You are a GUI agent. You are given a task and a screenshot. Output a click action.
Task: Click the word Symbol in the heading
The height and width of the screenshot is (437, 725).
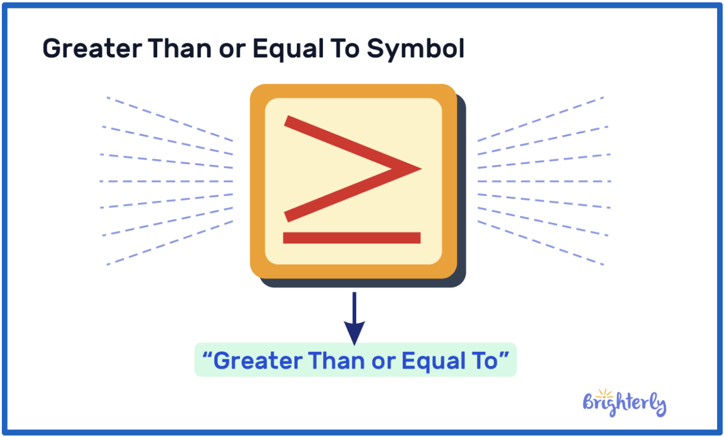pos(415,49)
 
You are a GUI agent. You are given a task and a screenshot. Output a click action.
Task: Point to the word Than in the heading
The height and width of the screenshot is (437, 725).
pos(179,49)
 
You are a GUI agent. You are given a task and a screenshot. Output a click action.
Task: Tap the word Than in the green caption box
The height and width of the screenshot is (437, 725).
pos(337,361)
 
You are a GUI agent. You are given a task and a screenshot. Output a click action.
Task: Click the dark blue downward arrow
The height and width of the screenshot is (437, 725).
pos(354,321)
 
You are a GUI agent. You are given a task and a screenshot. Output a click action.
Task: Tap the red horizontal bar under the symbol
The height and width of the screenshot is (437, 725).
pos(352,238)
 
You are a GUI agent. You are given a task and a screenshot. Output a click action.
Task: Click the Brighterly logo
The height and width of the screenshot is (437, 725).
pos(624,404)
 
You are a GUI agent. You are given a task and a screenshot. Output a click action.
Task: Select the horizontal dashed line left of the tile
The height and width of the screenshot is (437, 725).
pos(166,181)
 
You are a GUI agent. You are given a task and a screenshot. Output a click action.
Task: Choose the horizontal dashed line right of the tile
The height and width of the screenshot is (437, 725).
pos(544,181)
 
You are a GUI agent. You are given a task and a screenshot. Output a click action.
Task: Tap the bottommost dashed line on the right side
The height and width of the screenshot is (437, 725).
pos(540,243)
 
